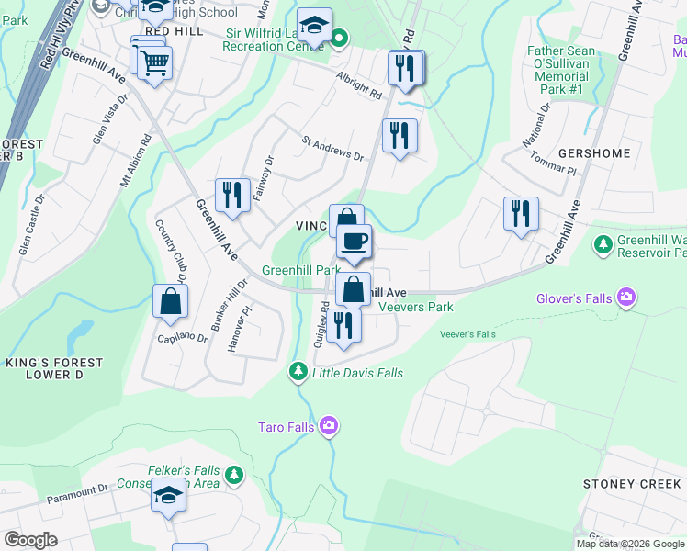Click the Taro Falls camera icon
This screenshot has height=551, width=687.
(x=330, y=426)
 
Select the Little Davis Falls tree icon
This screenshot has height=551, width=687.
(x=298, y=372)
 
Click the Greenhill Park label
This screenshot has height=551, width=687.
(x=300, y=271)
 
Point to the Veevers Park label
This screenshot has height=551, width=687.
(x=416, y=307)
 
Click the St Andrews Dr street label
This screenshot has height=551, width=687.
(x=332, y=149)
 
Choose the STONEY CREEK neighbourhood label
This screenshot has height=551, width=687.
(x=632, y=484)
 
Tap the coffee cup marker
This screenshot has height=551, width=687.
(x=354, y=242)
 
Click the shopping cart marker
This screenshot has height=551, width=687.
(x=155, y=63)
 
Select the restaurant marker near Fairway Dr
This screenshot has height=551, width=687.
(x=232, y=196)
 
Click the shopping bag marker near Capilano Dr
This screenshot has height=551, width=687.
(x=170, y=301)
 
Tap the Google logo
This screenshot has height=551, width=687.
(x=30, y=540)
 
